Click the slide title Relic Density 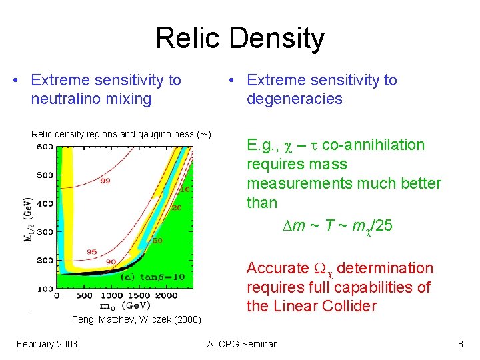coord(239,38)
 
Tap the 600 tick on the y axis coord(45,147)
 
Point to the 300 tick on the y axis coord(45,231)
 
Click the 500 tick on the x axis coord(84,295)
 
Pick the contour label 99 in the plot coord(105,181)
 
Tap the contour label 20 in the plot coord(177,208)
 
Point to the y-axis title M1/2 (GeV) coord(27,224)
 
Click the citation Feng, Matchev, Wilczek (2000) coord(136,320)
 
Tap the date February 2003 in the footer coord(47,344)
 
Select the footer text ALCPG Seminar coord(241,344)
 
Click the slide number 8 coord(460,344)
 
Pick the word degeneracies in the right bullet coord(294,99)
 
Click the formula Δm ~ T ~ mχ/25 coord(337,226)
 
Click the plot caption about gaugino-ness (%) coord(121,134)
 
